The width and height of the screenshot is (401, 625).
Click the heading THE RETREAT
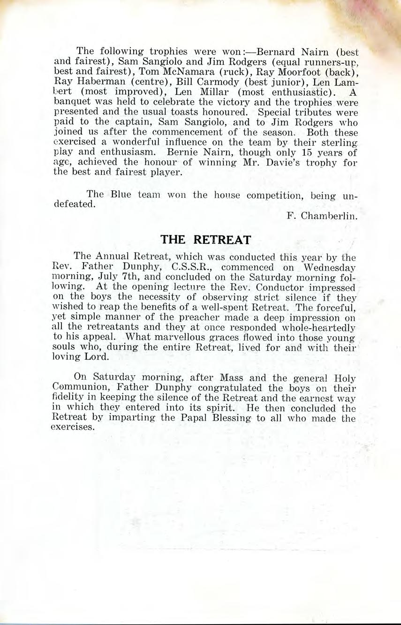[205, 240]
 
